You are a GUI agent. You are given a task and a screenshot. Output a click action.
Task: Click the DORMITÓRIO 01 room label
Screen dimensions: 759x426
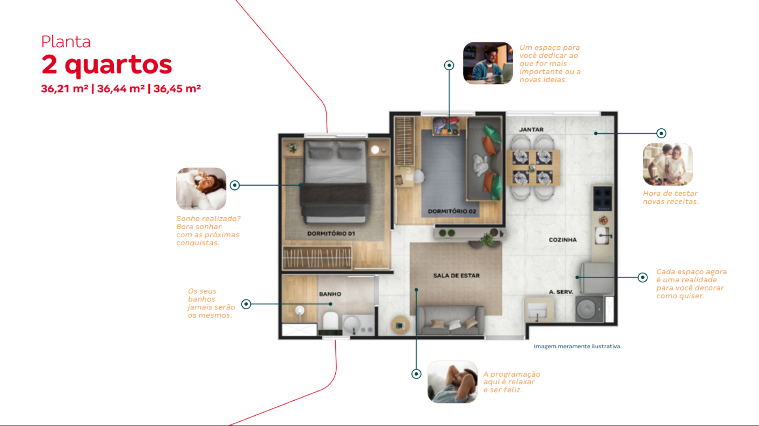(331, 234)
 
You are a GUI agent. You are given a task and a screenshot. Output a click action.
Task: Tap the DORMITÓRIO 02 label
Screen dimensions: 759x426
(452, 211)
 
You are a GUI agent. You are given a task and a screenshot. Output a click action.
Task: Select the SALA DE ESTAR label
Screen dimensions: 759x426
(456, 275)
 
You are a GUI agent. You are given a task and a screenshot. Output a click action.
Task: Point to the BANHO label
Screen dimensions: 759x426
(330, 294)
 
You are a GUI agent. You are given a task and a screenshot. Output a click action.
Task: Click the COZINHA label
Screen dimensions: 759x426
(563, 240)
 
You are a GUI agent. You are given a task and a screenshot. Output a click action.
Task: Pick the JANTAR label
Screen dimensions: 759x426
(531, 130)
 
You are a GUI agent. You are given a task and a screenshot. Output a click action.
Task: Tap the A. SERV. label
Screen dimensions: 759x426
(561, 292)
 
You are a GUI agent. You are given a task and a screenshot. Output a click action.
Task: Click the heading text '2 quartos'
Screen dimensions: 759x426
(107, 64)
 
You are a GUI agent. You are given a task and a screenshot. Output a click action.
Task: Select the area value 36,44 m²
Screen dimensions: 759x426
(121, 89)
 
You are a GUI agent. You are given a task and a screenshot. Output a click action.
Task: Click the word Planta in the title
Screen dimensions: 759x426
(66, 42)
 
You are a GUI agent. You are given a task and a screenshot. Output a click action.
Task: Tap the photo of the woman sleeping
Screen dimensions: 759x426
(201, 188)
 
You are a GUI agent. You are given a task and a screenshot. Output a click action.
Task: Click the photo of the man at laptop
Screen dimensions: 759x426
(488, 63)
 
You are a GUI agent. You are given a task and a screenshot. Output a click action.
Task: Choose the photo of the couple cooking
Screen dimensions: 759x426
(668, 164)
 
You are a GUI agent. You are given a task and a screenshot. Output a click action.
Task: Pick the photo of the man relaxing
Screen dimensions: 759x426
(453, 382)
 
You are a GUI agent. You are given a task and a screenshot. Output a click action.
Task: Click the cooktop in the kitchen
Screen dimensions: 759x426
(603, 198)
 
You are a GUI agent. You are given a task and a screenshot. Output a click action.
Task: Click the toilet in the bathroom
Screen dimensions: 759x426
(330, 322)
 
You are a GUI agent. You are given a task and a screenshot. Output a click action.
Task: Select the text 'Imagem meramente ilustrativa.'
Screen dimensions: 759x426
(578, 346)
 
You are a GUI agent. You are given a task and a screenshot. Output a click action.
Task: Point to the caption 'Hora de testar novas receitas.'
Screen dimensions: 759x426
(670, 197)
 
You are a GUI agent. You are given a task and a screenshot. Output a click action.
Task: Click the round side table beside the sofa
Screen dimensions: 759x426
(400, 325)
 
